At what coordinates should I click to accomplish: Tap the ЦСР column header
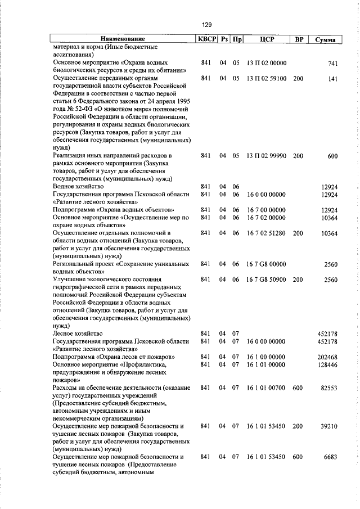[267, 39]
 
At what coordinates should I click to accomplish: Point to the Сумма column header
[326, 39]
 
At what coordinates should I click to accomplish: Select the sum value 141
[332, 79]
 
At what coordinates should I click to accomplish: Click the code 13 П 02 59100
[267, 79]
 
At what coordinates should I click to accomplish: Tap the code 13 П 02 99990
[267, 155]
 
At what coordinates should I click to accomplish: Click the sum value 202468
[327, 357]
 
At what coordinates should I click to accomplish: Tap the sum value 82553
[328, 388]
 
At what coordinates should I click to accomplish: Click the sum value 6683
[330, 457]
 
